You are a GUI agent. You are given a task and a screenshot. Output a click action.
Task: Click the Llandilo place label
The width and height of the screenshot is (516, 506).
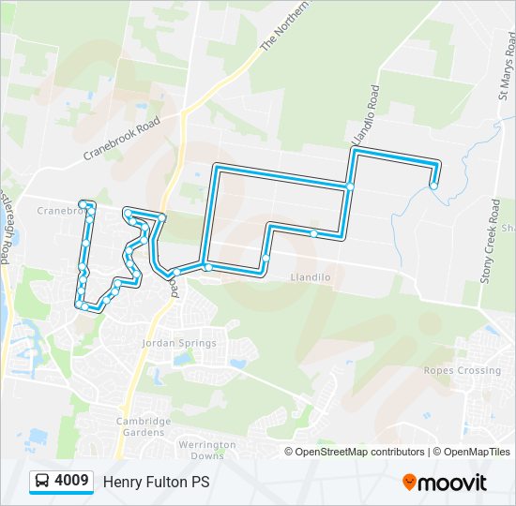[311, 277]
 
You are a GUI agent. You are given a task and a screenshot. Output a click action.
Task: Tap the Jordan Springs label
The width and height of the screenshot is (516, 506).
[178, 343]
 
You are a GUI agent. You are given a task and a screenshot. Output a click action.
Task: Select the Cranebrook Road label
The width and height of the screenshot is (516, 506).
[123, 140]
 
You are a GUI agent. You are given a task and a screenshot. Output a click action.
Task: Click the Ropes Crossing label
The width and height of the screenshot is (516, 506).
[462, 370]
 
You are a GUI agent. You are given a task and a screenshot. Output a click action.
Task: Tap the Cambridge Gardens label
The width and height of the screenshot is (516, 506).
[144, 427]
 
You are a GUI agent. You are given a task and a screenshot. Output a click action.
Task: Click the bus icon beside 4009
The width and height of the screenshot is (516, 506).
[42, 482]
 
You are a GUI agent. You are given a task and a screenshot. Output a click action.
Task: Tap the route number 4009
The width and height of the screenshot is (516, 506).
[72, 482]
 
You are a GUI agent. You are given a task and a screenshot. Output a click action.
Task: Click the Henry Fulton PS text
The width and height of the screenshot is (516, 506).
[156, 483]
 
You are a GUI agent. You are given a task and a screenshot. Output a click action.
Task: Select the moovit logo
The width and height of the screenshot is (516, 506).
[445, 483]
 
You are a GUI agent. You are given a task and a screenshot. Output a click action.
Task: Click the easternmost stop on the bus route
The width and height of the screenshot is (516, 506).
[433, 186]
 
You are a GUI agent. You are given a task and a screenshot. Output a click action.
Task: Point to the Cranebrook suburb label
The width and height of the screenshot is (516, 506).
[61, 211]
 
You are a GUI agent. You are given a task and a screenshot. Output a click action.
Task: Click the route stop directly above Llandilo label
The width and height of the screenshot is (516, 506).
[266, 258]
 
